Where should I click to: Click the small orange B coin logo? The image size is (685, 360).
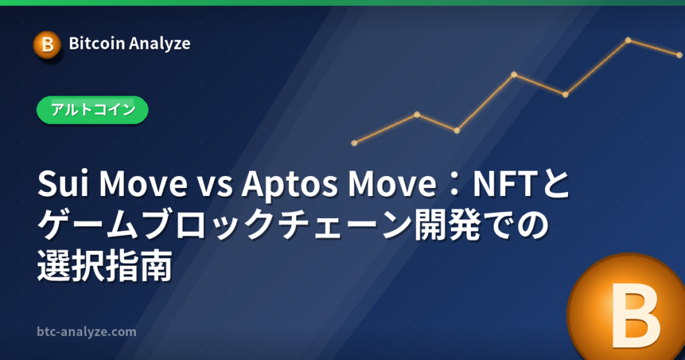(x=47, y=45)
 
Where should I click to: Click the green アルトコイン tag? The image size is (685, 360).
(x=92, y=110)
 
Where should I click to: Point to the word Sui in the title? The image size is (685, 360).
(x=64, y=184)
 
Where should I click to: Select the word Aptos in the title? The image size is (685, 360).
(x=290, y=185)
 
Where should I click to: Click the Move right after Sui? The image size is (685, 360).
(x=143, y=184)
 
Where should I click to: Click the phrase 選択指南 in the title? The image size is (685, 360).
(x=105, y=266)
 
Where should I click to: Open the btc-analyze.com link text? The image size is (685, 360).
(x=86, y=332)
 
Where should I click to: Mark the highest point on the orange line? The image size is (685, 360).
(x=628, y=40)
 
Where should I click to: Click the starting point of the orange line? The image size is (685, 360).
(x=355, y=143)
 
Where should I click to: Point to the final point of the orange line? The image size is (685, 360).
(x=680, y=55)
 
